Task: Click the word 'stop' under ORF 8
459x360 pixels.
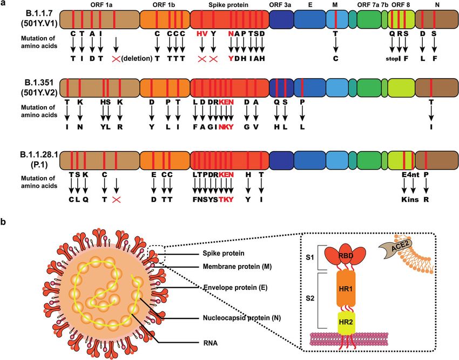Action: [392, 58]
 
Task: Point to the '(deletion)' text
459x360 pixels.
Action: [137, 58]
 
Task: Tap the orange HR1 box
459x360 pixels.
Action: [346, 289]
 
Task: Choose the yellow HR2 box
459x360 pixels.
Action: [346, 323]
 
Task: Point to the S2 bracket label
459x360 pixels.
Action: [310, 299]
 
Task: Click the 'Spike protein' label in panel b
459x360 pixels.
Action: [224, 253]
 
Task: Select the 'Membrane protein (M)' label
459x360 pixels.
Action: [237, 267]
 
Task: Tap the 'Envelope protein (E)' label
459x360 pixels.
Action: [235, 288]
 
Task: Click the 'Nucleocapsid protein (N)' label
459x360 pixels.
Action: [242, 318]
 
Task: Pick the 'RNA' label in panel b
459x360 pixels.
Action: [210, 343]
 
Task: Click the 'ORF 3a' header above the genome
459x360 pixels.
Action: [280, 5]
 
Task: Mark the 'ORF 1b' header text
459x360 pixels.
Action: [164, 5]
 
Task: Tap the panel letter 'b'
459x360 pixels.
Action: [3, 222]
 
